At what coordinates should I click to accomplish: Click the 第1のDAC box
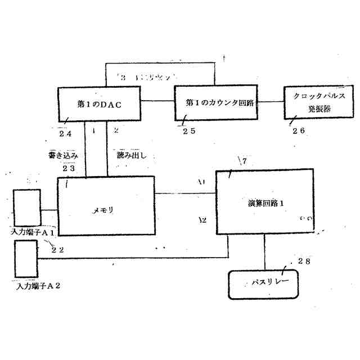pyautogui.click(x=99, y=105)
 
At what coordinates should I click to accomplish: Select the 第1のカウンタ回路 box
pyautogui.click(x=219, y=102)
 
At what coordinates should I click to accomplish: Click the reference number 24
pyautogui.click(x=66, y=133)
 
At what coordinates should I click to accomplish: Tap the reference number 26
pyautogui.click(x=299, y=131)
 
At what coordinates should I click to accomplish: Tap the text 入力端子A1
pyautogui.click(x=33, y=232)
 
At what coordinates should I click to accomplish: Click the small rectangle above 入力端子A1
pyautogui.click(x=28, y=207)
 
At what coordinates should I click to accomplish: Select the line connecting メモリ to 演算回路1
pyautogui.click(x=186, y=193)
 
